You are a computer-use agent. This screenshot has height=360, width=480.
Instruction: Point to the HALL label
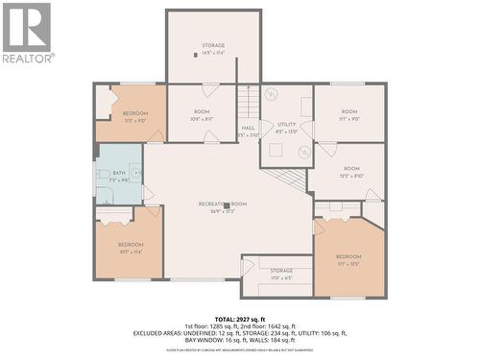(x=248, y=130)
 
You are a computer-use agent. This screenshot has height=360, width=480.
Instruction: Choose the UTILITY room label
(x=287, y=128)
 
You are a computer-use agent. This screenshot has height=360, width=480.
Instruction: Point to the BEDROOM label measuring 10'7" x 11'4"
(x=131, y=248)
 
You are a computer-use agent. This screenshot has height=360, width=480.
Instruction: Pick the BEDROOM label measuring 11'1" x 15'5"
(x=348, y=260)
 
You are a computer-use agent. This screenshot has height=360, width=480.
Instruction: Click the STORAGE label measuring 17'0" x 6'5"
(x=281, y=274)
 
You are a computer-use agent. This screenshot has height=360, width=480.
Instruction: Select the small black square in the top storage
(x=197, y=55)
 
